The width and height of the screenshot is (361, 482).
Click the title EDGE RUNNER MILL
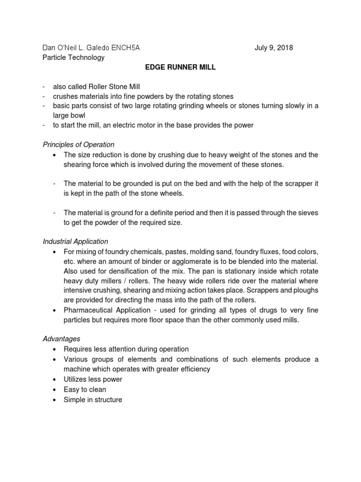pyautogui.click(x=180, y=67)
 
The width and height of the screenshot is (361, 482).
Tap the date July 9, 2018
pyautogui.click(x=274, y=48)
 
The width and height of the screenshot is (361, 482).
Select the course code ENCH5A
pyautogui.click(x=124, y=48)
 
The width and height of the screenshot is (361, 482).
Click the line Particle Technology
pyautogui.click(x=73, y=57)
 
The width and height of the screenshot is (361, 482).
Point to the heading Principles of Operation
pyautogui.click(x=78, y=145)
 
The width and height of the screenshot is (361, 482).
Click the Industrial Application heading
pyautogui.click(x=75, y=241)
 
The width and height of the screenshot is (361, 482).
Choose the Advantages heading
pyautogui.click(x=62, y=338)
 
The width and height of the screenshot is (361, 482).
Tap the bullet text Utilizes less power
pyautogui.click(x=93, y=379)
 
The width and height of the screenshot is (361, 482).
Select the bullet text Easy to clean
pyautogui.click(x=85, y=389)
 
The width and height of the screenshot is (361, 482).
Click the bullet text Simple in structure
pyautogui.click(x=93, y=400)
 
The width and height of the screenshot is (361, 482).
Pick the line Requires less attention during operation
pyautogui.click(x=126, y=349)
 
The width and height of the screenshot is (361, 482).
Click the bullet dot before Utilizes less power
pyautogui.click(x=55, y=379)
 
